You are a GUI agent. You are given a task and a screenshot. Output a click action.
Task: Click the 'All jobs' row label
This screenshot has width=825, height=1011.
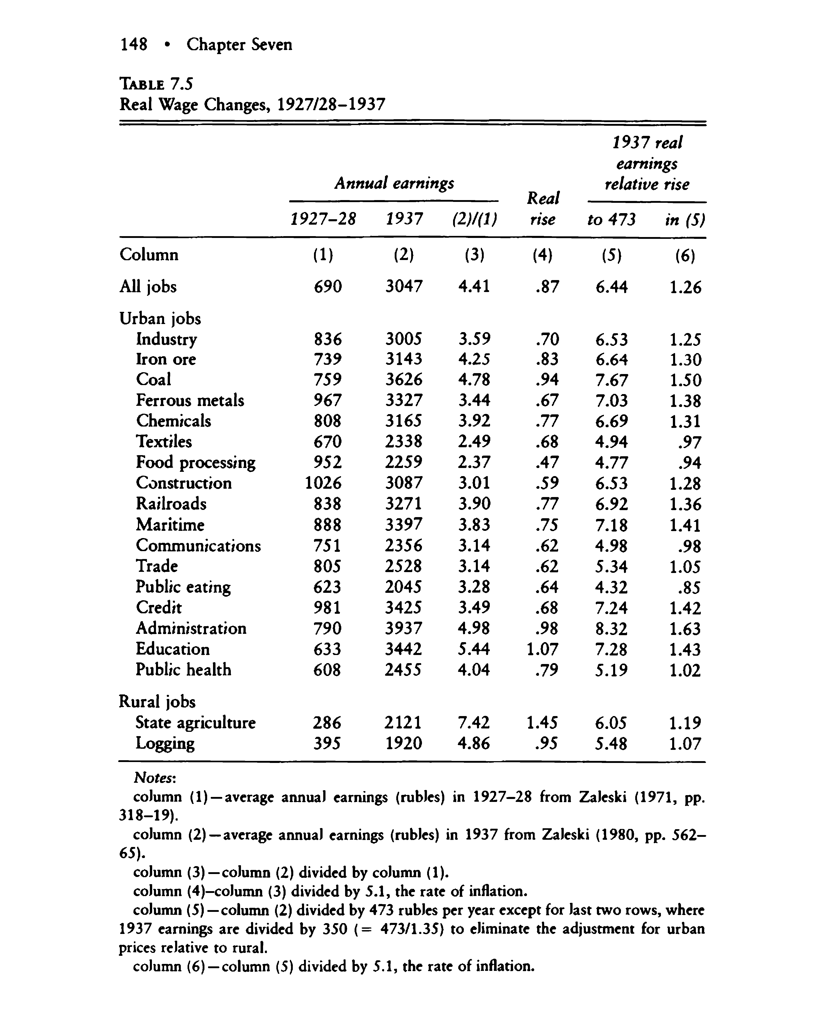click(148, 287)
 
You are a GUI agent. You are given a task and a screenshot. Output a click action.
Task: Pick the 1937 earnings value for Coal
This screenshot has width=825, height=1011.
click(403, 380)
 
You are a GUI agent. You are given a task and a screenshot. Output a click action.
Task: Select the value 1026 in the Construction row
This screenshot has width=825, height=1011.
click(323, 483)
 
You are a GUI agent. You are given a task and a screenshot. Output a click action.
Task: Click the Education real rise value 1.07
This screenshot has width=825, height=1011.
click(543, 649)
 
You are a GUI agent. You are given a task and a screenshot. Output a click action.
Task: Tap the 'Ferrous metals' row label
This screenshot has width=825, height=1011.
click(190, 401)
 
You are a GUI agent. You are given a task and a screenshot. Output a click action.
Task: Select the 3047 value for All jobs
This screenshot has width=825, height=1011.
click(403, 287)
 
